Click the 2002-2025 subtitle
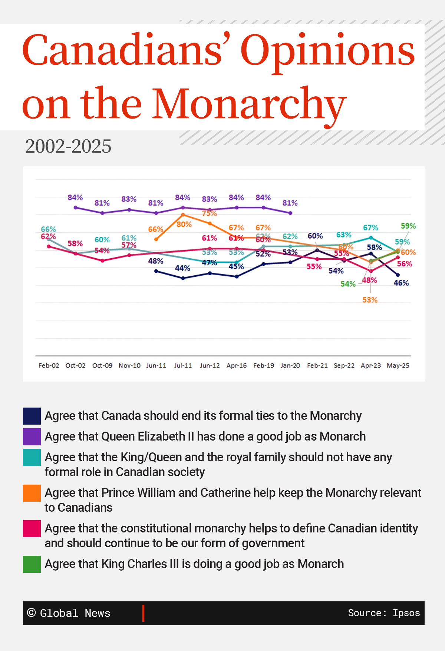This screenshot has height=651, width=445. point(68,146)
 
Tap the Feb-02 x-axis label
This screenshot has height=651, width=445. point(49,366)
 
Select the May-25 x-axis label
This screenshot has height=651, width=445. point(398,366)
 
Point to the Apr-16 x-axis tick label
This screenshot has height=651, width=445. point(237,366)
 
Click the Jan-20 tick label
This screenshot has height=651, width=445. point(290,366)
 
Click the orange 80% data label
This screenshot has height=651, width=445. point(184,225)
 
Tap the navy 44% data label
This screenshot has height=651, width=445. point(182,268)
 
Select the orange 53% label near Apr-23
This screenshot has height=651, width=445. point(370,300)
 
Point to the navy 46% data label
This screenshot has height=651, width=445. point(401,283)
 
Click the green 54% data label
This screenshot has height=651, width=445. point(348,284)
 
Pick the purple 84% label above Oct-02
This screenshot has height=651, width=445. point(75,198)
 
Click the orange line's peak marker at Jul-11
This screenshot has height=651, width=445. point(183,215)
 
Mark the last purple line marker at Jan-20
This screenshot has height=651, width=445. point(290,213)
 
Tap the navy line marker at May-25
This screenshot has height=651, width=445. point(398,275)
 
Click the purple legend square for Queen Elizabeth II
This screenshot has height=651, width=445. point(32,437)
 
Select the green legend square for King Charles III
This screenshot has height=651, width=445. point(32,564)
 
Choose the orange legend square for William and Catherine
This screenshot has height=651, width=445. point(32,493)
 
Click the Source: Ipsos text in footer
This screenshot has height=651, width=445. point(384,613)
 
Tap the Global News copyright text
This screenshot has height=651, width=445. point(69,613)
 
